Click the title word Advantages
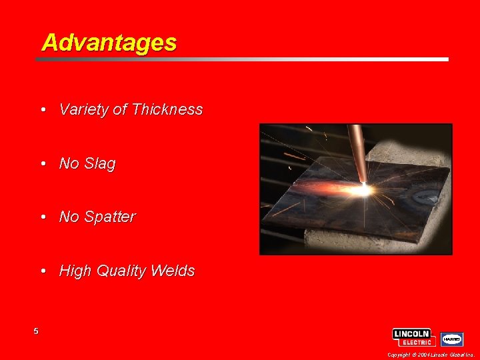(109, 43)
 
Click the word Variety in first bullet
(84, 109)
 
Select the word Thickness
(167, 109)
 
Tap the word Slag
(100, 163)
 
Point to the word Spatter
(110, 217)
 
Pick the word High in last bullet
(75, 271)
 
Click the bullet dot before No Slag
(43, 163)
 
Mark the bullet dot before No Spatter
(43, 217)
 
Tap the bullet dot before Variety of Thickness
(43, 109)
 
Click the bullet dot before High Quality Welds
(43, 271)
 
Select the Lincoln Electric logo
(413, 337)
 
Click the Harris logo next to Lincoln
(453, 339)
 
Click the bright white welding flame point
(364, 190)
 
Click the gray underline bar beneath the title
(241, 59)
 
